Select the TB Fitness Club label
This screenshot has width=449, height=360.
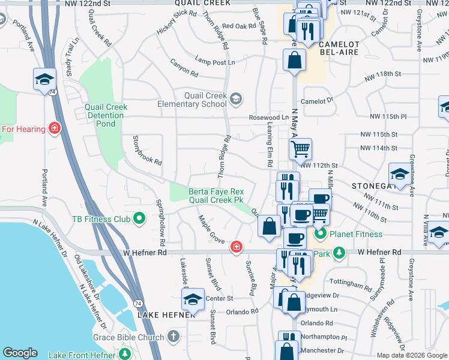pos(101,218)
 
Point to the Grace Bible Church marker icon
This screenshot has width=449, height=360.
pos(174,337)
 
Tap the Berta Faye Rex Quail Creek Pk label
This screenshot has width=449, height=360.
pos(216,196)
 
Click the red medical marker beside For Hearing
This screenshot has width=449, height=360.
pos(55,128)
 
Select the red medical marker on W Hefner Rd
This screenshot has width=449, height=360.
pos(237,247)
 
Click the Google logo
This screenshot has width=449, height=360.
pos(20,353)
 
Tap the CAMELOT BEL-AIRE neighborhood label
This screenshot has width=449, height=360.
pos(339,48)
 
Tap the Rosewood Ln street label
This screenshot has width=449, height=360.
pos(270,118)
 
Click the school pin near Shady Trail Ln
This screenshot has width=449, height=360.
pos(44,79)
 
